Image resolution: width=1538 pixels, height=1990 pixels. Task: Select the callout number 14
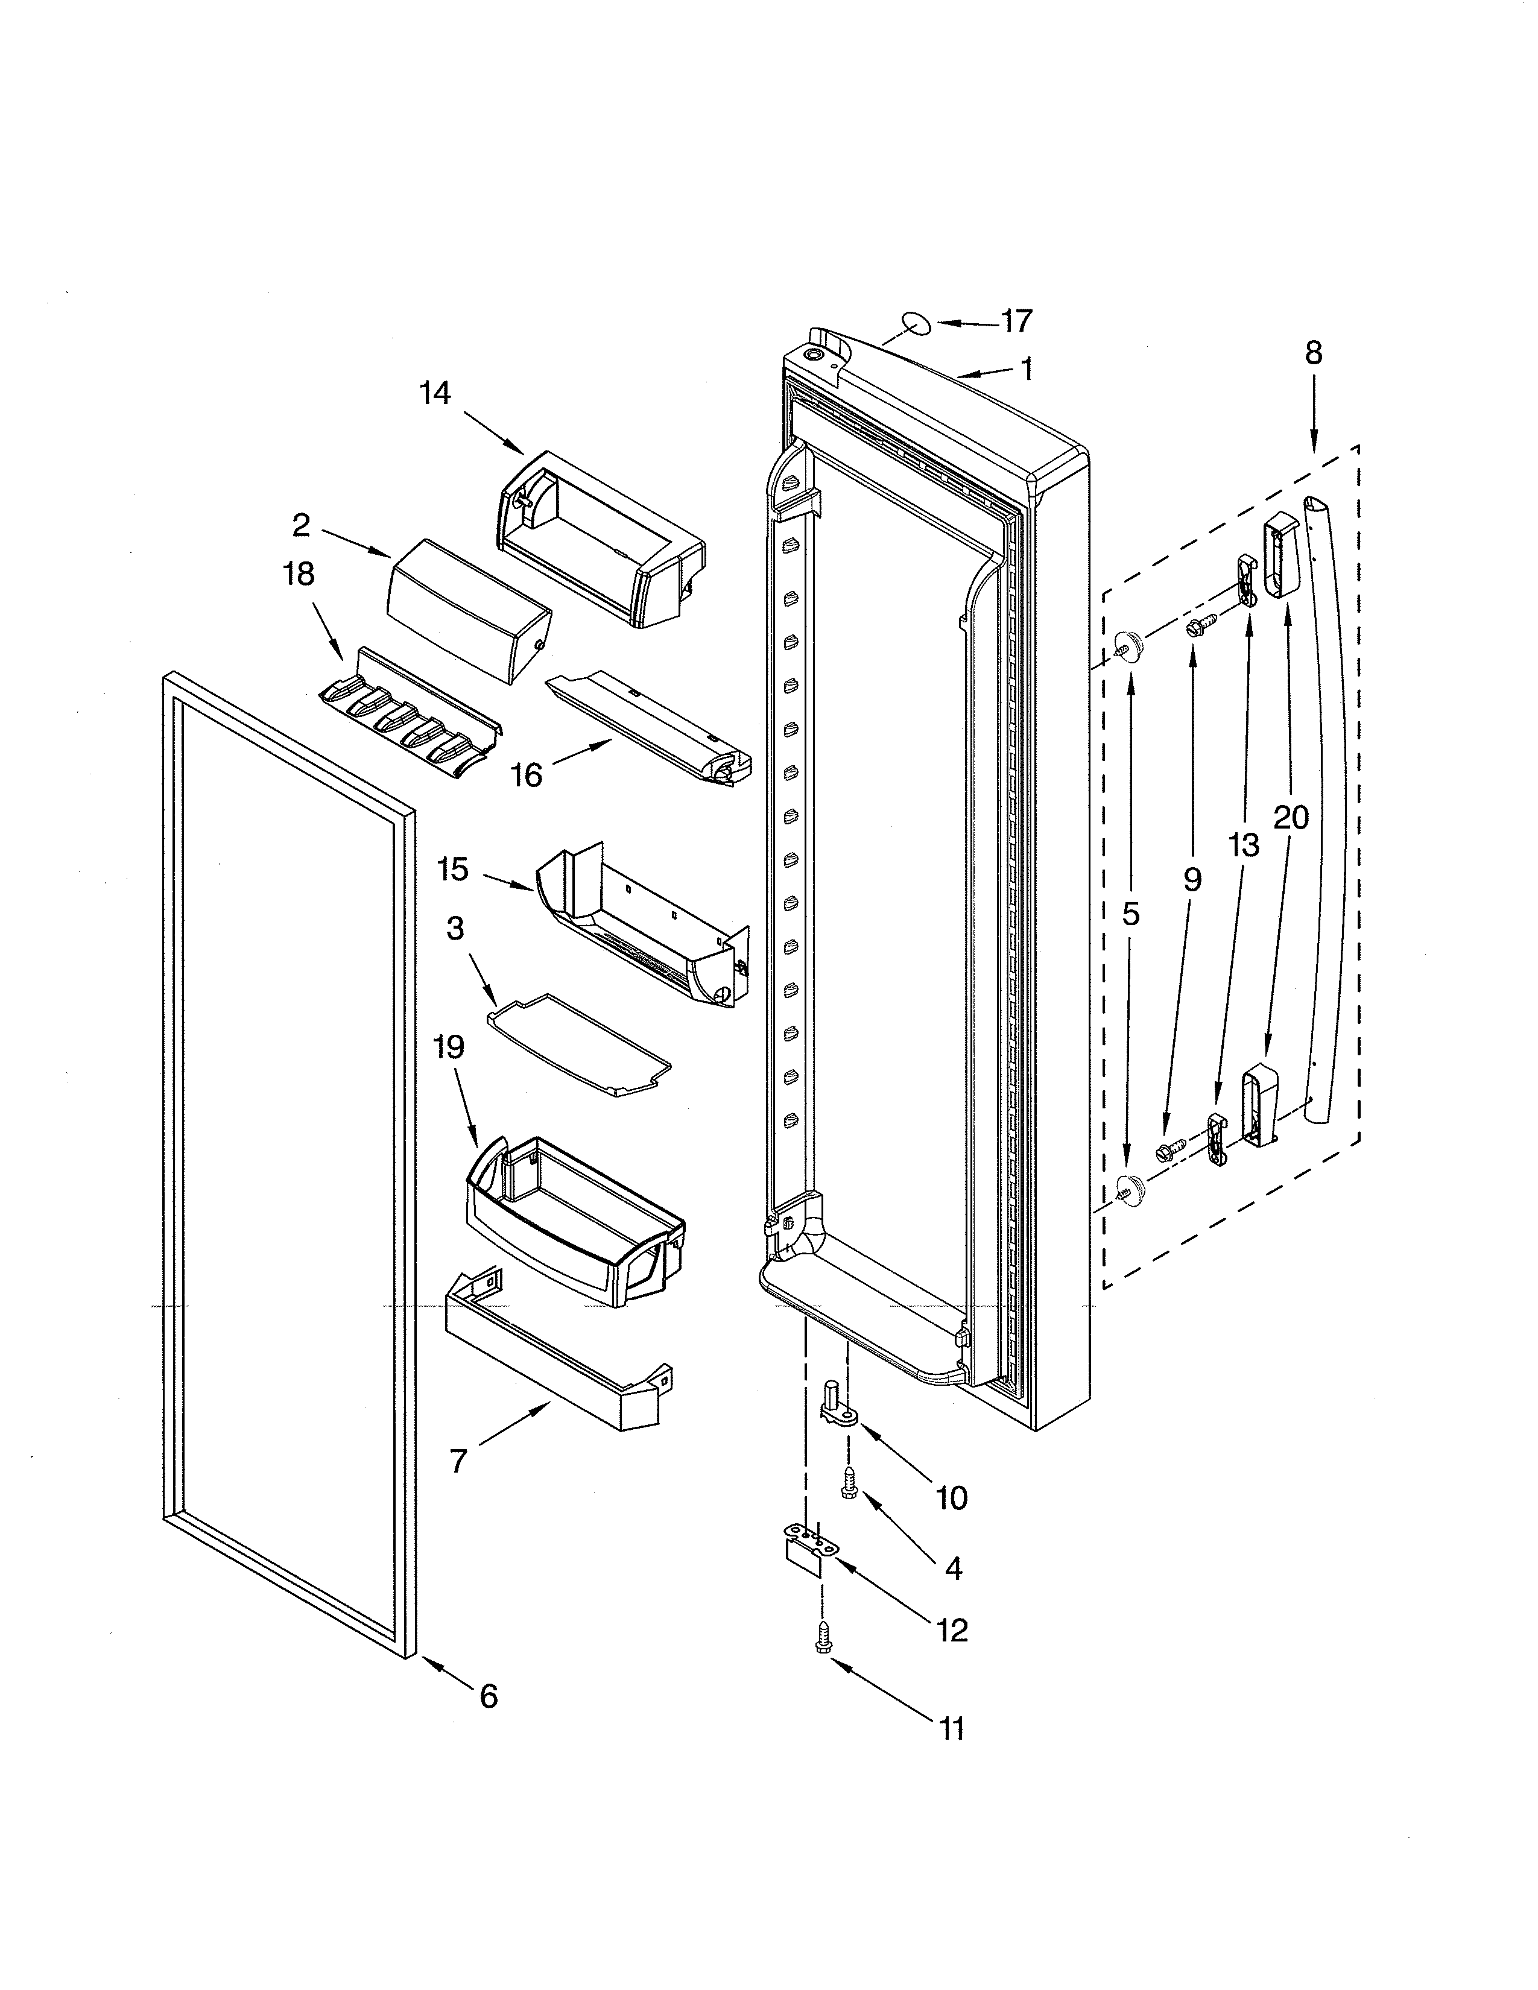[x=435, y=394]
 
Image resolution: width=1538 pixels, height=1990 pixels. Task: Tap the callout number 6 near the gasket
[x=489, y=1696]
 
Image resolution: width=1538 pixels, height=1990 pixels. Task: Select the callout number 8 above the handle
[x=1313, y=353]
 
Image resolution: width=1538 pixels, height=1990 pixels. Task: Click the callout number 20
[x=1290, y=817]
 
